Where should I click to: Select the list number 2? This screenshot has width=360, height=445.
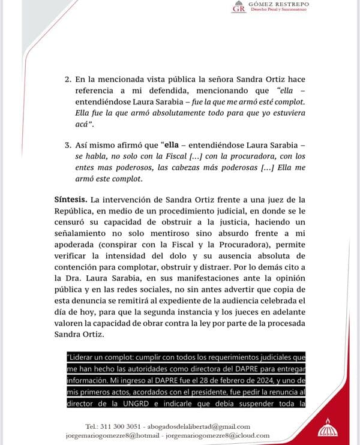pos(67,79)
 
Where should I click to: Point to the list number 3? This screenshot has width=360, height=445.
pos(67,145)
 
